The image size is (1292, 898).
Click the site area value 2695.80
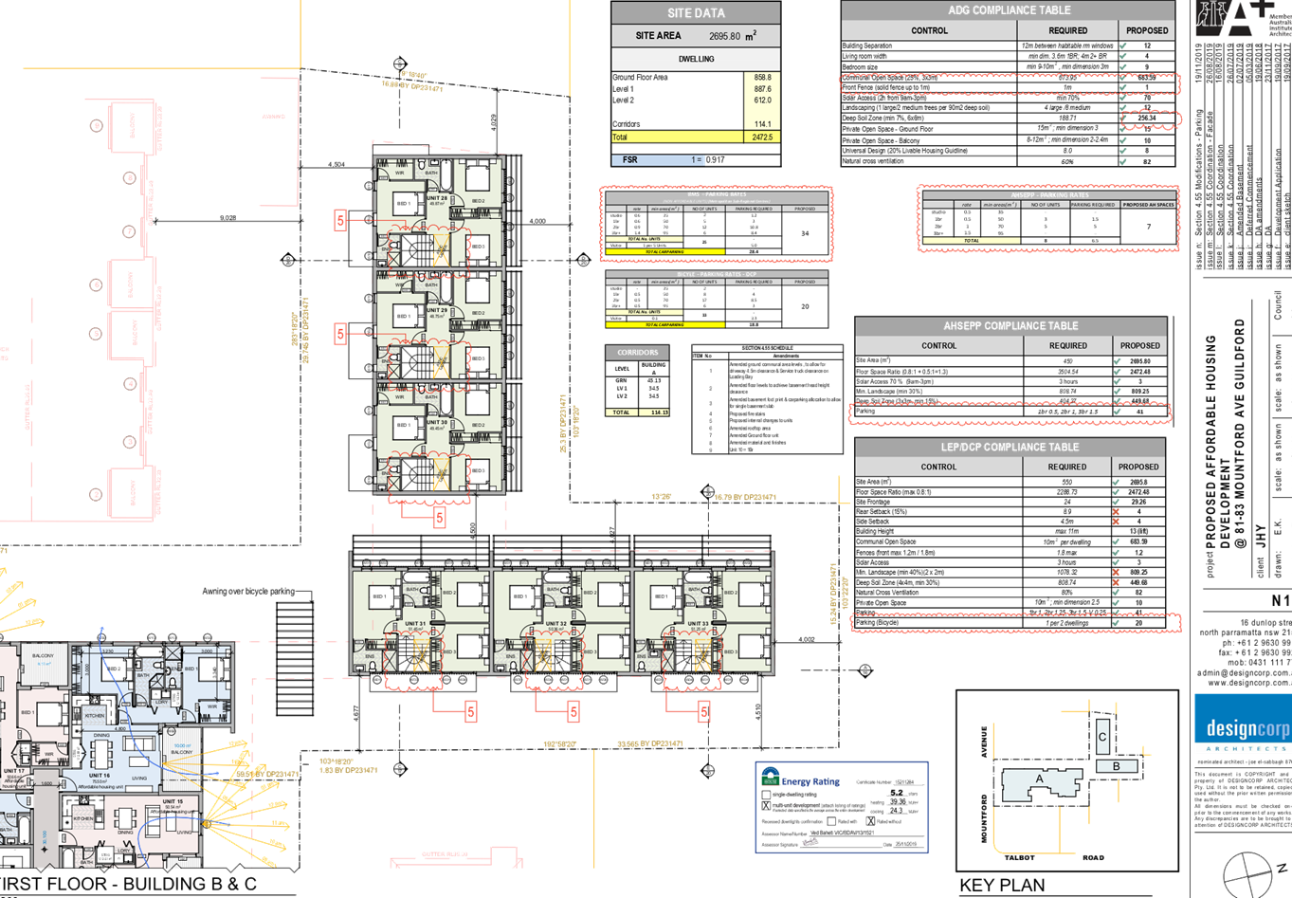(x=724, y=36)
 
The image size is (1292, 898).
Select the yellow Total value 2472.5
(x=762, y=137)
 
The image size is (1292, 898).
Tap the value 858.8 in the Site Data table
(x=762, y=78)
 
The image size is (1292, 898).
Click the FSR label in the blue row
(x=630, y=159)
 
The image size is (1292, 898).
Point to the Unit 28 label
(x=437, y=198)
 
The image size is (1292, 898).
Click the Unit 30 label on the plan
(x=437, y=423)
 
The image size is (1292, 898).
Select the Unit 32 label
(x=556, y=624)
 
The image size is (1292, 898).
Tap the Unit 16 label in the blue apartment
(x=100, y=775)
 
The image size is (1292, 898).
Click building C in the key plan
(x=1102, y=736)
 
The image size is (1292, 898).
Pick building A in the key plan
(x=1039, y=779)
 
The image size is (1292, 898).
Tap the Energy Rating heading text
(x=811, y=781)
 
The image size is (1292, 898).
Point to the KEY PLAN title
(x=1002, y=886)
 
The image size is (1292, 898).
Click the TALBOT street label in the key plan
(x=1019, y=857)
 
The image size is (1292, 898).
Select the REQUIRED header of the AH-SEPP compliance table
(x=1067, y=346)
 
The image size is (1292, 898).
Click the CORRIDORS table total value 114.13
(x=654, y=412)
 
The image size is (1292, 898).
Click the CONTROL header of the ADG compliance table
(x=929, y=30)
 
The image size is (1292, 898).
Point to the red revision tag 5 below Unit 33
(x=703, y=712)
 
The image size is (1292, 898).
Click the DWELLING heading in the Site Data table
(x=696, y=59)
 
